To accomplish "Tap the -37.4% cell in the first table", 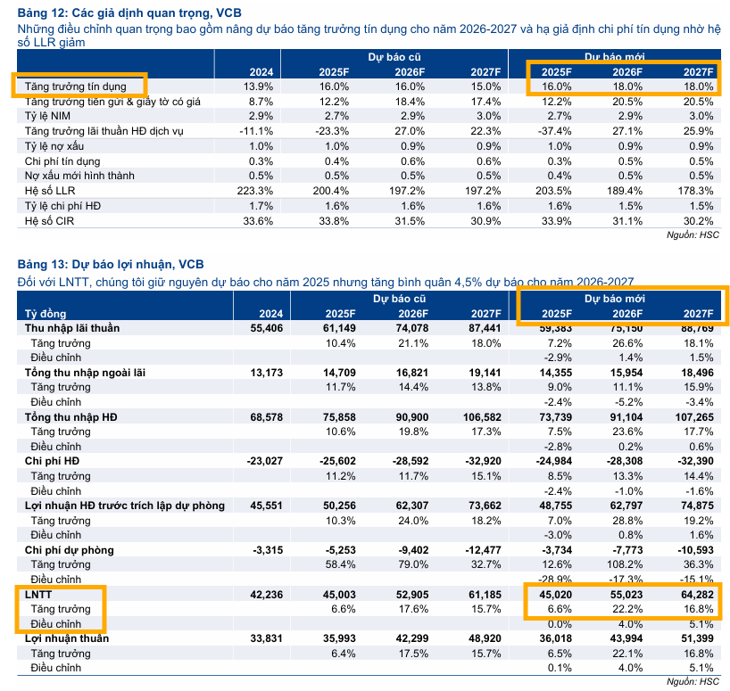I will pyautogui.click(x=552, y=131).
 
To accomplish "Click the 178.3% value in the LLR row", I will pyautogui.click(x=696, y=190).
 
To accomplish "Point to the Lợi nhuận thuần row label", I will pyautogui.click(x=66, y=638).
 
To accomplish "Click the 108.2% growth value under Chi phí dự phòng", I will pyautogui.click(x=625, y=564).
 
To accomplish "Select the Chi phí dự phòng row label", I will pyautogui.click(x=69, y=550).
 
